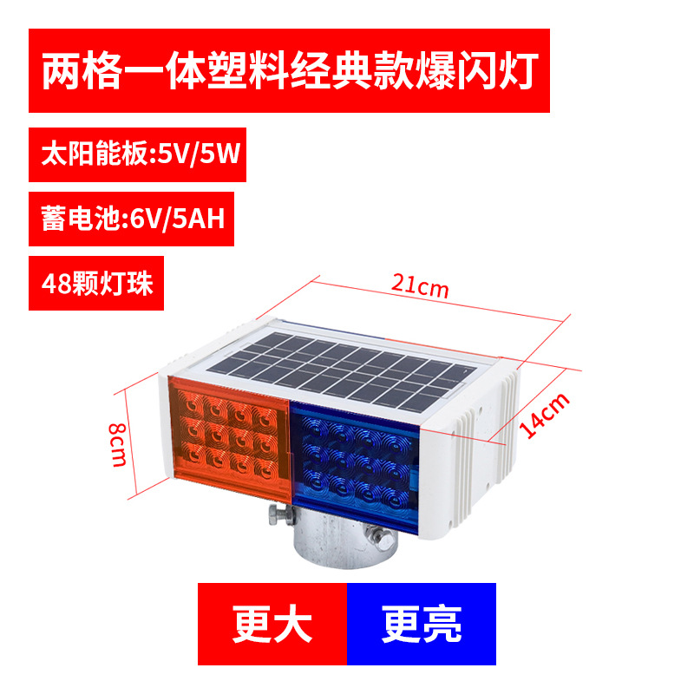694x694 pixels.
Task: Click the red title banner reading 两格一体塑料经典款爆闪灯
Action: [x=289, y=70]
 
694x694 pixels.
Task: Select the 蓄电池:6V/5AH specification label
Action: [x=133, y=217]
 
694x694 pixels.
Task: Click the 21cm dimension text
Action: [x=420, y=285]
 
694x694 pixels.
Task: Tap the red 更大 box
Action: [x=272, y=624]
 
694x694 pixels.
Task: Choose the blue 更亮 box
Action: [x=422, y=624]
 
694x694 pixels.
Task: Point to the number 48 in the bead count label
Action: [x=55, y=283]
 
